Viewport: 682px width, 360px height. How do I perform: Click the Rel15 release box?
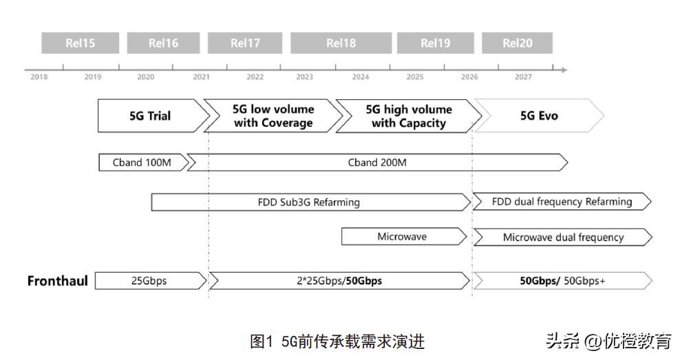(81, 43)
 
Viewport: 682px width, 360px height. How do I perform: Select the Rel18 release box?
(341, 43)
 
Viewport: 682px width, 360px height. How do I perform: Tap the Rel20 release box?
(517, 43)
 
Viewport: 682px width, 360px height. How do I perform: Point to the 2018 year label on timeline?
(39, 77)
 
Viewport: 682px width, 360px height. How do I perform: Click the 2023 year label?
(304, 77)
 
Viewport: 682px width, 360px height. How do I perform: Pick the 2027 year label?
(523, 77)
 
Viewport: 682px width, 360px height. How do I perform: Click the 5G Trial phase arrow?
(150, 116)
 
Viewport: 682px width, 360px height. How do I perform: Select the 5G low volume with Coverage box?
(273, 116)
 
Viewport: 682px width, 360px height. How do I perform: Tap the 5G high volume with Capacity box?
(408, 116)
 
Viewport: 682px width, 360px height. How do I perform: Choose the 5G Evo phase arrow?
(539, 116)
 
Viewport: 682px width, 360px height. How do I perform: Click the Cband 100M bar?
(142, 162)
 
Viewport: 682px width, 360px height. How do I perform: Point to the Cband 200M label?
(377, 162)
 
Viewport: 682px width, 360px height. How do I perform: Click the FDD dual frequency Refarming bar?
(562, 202)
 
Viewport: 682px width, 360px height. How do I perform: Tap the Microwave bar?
(402, 237)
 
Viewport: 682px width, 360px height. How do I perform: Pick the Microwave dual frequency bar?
(563, 237)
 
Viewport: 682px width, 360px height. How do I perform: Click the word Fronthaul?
(58, 281)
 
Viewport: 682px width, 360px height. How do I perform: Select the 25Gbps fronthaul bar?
(149, 281)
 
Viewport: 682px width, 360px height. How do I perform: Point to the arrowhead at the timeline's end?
(564, 70)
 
